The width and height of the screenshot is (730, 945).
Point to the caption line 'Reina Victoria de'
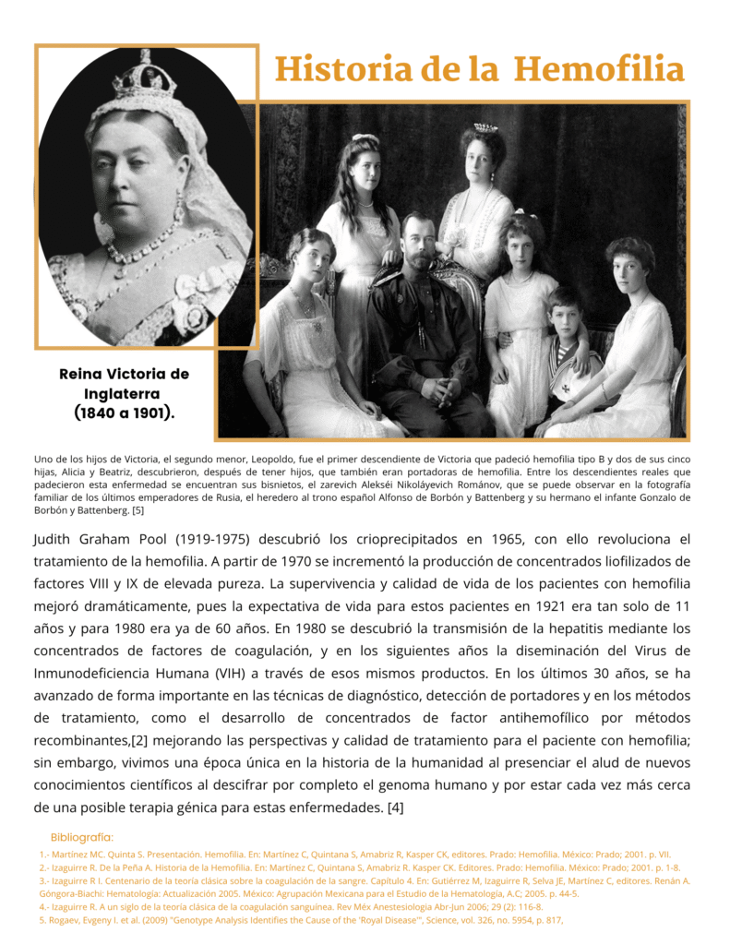pyautogui.click(x=124, y=374)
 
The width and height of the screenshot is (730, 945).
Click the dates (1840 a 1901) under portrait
pyautogui.click(x=124, y=413)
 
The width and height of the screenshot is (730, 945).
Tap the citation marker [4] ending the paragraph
pyautogui.click(x=395, y=807)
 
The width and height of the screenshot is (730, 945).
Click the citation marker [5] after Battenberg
pyautogui.click(x=138, y=510)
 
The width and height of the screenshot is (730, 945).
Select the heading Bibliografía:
pyautogui.click(x=82, y=837)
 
